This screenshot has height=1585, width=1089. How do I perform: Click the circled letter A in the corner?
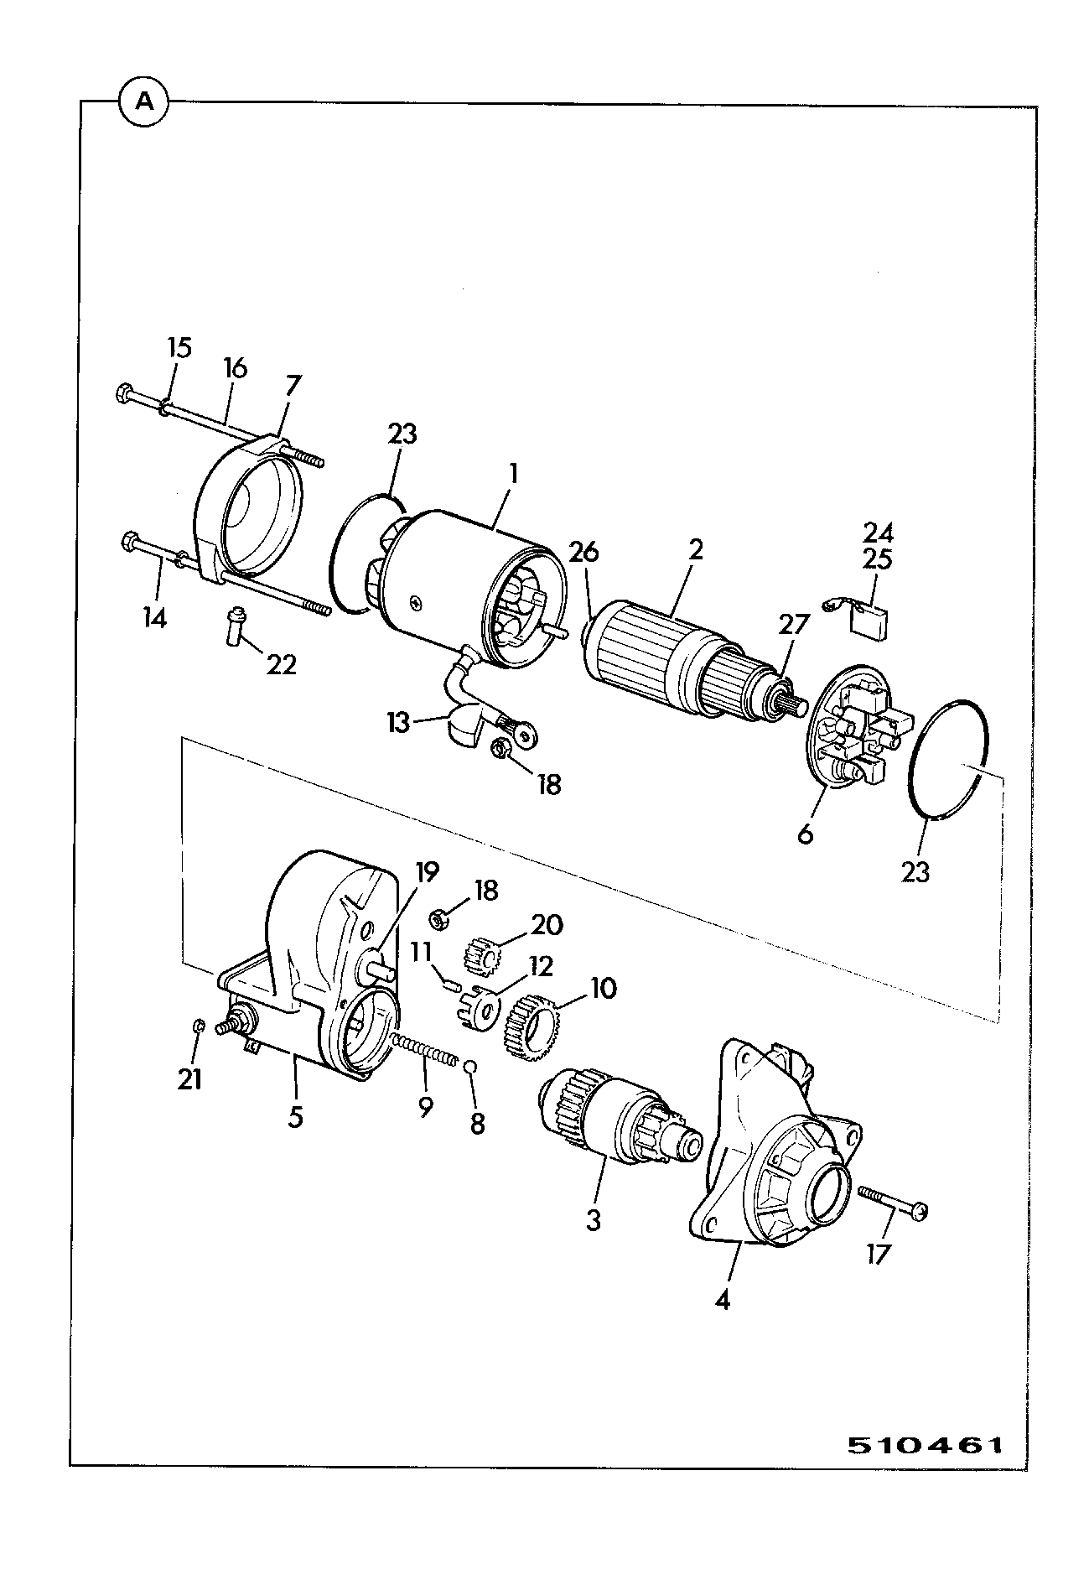point(145,101)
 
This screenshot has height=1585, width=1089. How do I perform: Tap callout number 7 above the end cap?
point(293,386)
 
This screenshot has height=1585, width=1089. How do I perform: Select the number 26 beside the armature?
point(584,552)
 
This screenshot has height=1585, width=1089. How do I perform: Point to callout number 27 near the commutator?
point(794,625)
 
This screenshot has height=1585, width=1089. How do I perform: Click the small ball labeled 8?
point(470,1065)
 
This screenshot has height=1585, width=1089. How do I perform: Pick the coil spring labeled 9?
point(424,1050)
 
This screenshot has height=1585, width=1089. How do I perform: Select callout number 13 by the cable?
point(399,721)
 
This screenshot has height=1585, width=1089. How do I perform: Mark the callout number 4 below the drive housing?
point(723,1301)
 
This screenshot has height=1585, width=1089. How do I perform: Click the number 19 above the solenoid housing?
point(426,872)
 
